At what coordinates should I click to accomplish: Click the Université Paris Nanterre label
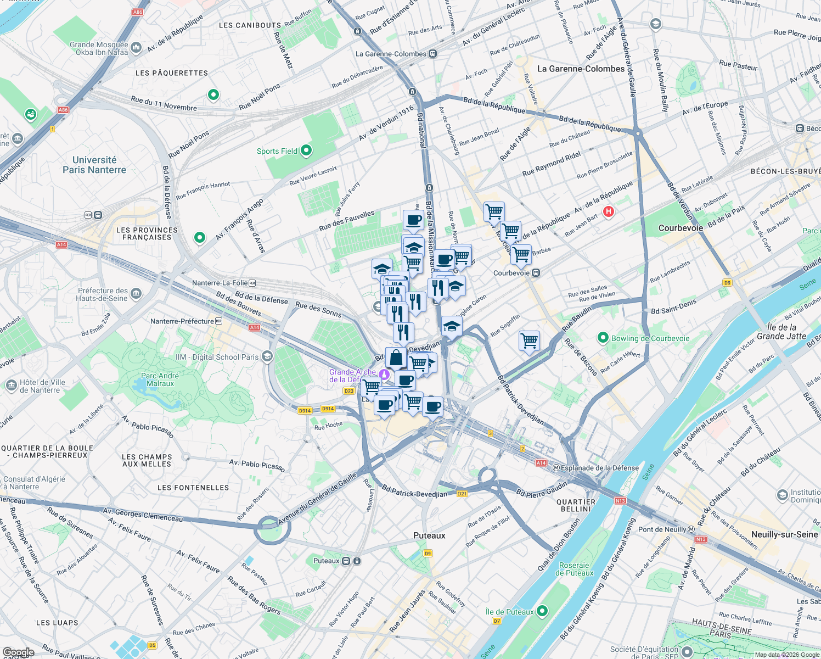94,165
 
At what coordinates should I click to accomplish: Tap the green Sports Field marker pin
306,150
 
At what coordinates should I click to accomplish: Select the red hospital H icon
608,211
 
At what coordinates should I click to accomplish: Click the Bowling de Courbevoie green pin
603,338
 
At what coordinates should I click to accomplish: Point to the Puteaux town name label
429,535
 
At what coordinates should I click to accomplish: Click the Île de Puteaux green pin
542,611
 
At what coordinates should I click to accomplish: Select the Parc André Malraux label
160,379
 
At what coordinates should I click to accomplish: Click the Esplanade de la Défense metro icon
556,468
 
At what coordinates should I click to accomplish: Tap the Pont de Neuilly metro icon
691,529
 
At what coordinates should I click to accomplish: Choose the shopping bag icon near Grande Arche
396,358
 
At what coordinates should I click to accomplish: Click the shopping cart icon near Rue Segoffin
530,340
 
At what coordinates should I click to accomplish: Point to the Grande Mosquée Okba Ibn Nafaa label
99,48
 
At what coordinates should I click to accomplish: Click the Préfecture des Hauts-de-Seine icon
136,294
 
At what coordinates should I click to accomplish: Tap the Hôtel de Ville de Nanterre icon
12,386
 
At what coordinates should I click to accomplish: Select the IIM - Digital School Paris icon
267,356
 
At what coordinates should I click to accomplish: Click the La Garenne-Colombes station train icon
433,54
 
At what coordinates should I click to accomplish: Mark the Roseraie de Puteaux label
574,569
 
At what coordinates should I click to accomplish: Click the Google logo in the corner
18,652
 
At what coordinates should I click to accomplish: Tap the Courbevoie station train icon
536,273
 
